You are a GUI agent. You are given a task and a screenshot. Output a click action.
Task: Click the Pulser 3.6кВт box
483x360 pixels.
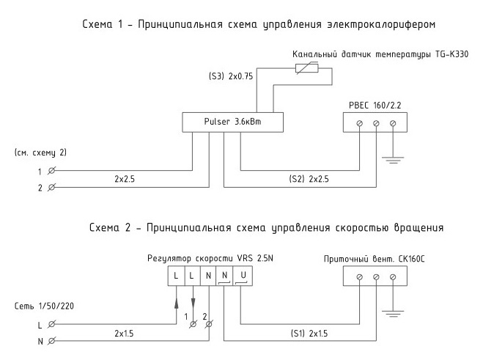click(x=232, y=122)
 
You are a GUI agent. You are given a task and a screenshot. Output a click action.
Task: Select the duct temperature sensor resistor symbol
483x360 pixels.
click(x=305, y=70)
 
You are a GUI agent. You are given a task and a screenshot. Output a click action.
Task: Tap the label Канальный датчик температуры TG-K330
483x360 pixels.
click(x=380, y=54)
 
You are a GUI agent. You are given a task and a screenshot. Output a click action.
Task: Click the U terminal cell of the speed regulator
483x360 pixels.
click(x=243, y=276)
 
